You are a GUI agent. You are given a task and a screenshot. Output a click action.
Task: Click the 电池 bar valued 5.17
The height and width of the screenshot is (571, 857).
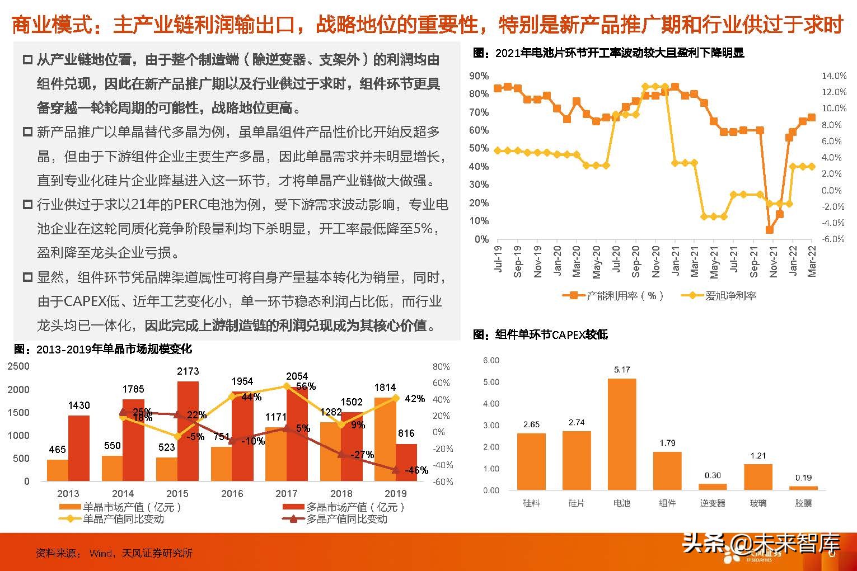pos(621,434)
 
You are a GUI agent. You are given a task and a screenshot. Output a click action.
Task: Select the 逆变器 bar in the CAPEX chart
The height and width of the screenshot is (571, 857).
pos(713,487)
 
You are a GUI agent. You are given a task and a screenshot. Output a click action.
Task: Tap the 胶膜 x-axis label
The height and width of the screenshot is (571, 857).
pos(803,503)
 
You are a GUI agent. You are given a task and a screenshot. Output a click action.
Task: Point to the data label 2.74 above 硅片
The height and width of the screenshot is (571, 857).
pos(576,423)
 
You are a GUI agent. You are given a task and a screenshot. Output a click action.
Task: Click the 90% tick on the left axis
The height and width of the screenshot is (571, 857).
pos(479,76)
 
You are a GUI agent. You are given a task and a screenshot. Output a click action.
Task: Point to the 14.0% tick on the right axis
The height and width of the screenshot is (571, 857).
pos(833,76)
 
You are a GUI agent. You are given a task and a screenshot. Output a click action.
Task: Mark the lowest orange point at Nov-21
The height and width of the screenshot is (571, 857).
pos(769,230)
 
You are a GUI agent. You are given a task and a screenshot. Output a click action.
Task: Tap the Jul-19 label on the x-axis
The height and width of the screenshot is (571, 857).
pos(498,259)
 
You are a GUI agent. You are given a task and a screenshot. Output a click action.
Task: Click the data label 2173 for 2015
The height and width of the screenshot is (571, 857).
pos(188,371)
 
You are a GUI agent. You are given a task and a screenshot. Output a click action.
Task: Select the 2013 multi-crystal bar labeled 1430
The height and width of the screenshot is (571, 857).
pos(79,448)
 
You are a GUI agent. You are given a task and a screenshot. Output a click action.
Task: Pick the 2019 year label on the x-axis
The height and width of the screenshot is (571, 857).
pos(396,494)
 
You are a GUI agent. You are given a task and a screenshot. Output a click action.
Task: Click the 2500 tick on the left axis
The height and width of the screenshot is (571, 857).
pos(18,367)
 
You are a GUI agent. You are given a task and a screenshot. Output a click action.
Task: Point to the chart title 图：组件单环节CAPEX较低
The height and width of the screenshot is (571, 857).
pos(540,334)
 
